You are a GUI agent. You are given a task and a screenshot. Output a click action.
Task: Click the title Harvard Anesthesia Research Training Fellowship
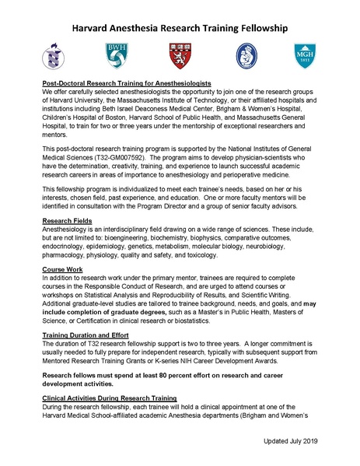[x=180, y=29]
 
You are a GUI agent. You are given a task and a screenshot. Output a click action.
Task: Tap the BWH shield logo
[x=116, y=55]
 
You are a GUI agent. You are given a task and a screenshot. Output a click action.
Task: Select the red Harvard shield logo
[x=179, y=55]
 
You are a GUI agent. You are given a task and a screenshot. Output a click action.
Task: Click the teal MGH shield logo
[x=305, y=56]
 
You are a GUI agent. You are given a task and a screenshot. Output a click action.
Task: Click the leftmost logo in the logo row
[x=52, y=56]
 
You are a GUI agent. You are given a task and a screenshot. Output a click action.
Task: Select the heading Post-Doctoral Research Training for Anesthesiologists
[x=128, y=82]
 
